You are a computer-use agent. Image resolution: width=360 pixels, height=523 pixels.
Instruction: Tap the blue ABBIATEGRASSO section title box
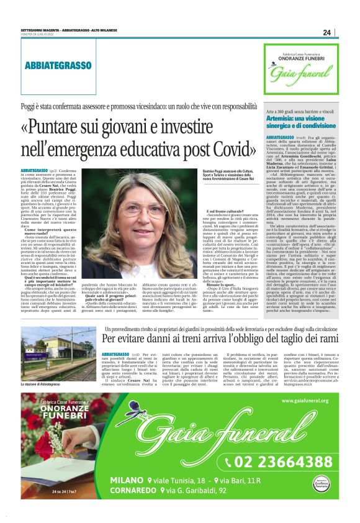click(x=58, y=65)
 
